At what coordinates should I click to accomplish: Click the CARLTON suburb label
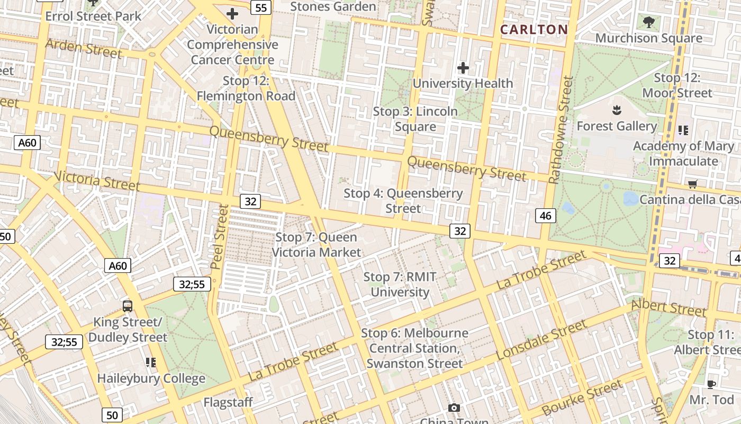[534, 30]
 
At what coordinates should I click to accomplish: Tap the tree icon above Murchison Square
[649, 22]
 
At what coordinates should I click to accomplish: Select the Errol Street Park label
[93, 16]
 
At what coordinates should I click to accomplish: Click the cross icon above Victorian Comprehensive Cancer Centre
[232, 14]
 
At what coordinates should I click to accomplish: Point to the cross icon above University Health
[463, 68]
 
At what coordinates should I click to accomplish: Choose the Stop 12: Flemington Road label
[246, 89]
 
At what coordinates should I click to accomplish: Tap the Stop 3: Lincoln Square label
[415, 119]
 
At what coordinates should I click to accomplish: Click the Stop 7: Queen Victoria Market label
[317, 244]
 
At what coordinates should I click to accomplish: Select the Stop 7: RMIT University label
[400, 284]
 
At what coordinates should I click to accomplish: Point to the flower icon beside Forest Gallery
[616, 111]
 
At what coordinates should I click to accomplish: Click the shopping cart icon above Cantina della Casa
[692, 184]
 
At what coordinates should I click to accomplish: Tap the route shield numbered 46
[546, 215]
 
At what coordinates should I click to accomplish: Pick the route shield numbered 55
[261, 7]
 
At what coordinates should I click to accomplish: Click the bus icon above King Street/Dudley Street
[128, 306]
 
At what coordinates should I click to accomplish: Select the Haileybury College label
[151, 378]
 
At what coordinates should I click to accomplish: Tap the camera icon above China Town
[454, 408]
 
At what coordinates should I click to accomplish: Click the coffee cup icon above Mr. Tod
[711, 384]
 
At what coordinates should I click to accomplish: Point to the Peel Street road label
[219, 236]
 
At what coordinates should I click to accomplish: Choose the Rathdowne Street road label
[562, 130]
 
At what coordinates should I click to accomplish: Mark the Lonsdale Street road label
[541, 339]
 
